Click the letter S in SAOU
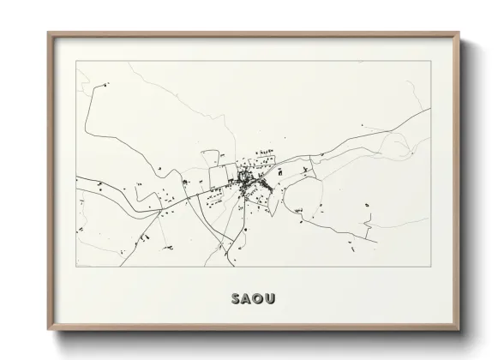[x=235, y=299]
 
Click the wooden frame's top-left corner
[x=49, y=33]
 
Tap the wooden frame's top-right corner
[x=459, y=33]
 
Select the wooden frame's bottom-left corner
[x=49, y=330]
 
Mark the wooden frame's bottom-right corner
[x=459, y=330]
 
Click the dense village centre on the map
[x=248, y=181]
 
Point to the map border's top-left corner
[x=76, y=61]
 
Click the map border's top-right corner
[x=430, y=61]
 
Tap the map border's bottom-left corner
[x=76, y=267]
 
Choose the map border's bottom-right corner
[x=430, y=267]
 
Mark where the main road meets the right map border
[x=429, y=110]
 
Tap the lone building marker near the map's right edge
[x=368, y=205]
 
